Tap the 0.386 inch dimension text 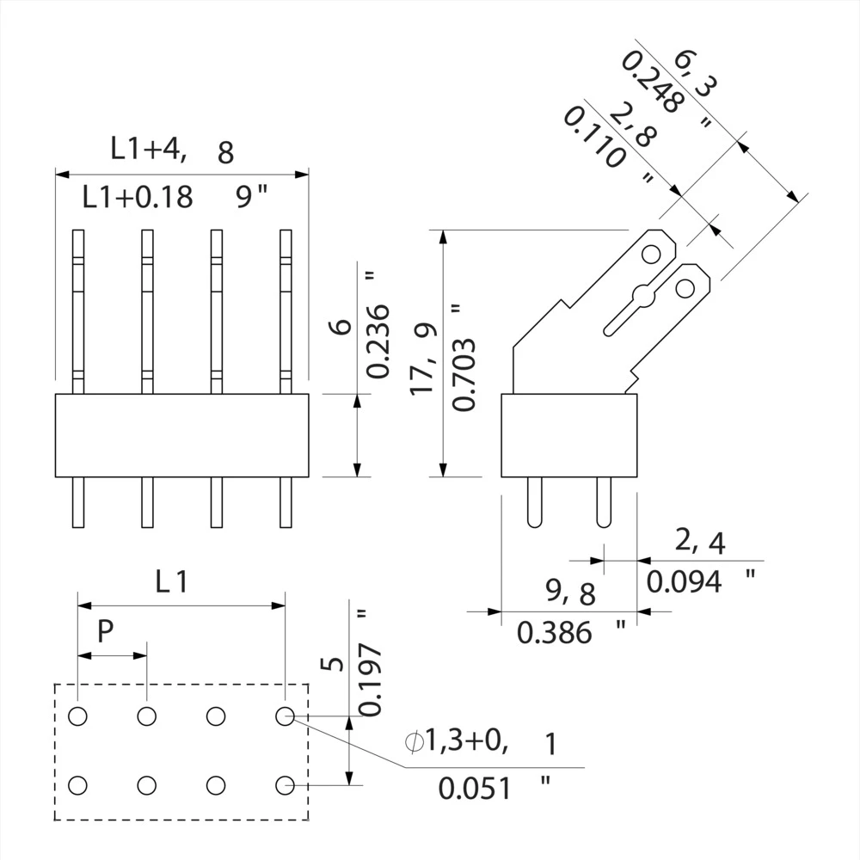coord(555,634)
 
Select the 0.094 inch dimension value coord(685,582)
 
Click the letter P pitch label coord(104,632)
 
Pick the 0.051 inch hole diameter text coord(475,788)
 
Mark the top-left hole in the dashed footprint coord(77,715)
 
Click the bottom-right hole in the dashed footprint coord(286,784)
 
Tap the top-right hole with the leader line coord(286,715)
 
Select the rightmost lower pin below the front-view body coord(286,503)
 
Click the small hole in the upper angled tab coord(651,253)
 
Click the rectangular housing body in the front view coord(181,435)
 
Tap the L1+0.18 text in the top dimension coord(138,198)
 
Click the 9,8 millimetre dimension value coord(570,592)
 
